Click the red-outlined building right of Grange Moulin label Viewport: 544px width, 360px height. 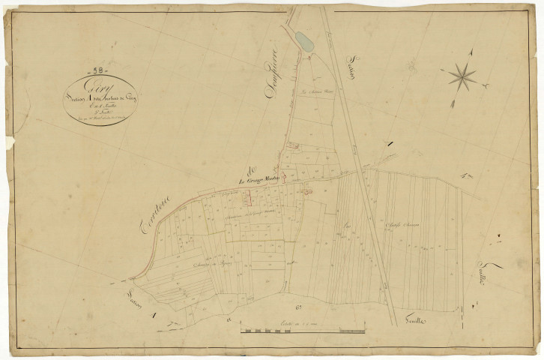coord(307,193)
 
